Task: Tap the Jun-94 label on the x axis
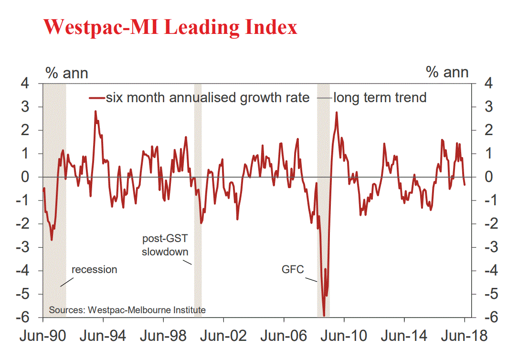103,336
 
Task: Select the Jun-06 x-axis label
284,336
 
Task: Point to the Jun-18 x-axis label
465,336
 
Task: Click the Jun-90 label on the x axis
43,336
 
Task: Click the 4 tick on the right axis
482,84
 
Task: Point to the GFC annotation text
293,270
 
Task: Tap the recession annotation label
94,270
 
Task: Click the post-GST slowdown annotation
165,245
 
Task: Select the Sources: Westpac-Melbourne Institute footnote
127,310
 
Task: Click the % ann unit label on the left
66,73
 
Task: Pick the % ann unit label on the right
447,73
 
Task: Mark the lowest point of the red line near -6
324,316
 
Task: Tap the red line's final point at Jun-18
465,184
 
